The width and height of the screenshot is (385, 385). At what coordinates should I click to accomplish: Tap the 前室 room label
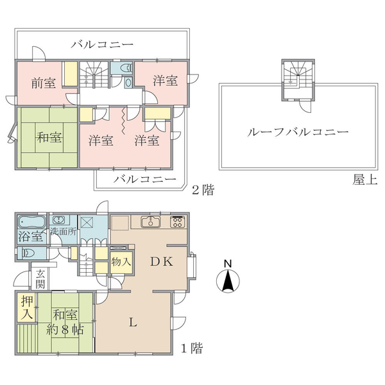coord(44,83)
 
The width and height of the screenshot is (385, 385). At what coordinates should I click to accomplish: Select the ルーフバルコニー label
coord(298,132)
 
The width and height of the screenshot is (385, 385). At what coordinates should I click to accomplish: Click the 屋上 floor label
coord(365,180)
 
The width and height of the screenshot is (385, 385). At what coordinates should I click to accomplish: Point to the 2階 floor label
coord(203,190)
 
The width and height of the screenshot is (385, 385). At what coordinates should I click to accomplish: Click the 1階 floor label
coord(192,348)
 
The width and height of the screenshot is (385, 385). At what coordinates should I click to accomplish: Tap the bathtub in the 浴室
coord(32,222)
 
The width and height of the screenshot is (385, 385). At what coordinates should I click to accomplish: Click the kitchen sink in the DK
coord(151,222)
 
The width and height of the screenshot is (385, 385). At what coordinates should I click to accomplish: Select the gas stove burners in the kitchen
coord(177,221)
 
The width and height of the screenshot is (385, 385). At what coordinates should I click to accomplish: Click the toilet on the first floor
coord(29,253)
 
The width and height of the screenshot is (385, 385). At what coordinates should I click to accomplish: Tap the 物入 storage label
coord(121,262)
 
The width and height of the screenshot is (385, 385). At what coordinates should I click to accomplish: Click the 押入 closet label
coord(27,307)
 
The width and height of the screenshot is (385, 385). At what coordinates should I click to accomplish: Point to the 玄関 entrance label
coord(40,279)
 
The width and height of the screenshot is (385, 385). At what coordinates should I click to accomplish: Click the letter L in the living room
coord(133,322)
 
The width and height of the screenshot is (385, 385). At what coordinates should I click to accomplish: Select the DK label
coord(162,262)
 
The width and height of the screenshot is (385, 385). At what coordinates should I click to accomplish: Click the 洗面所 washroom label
coord(64,232)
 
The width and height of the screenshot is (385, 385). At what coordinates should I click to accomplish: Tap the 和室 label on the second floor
coord(49,137)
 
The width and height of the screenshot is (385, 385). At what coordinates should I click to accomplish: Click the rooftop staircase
coord(298,74)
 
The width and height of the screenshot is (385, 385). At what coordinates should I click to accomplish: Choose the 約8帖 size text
coord(65,330)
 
